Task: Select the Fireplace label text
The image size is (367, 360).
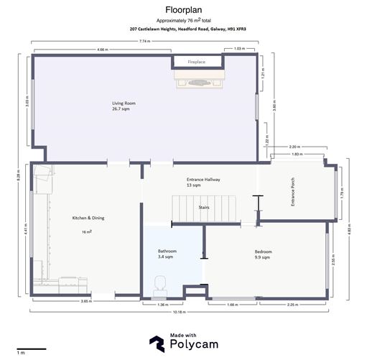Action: (197, 63)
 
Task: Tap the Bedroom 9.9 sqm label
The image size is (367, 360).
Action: (263, 254)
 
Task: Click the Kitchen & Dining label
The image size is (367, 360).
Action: (87, 221)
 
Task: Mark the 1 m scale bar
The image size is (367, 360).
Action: (31, 349)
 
